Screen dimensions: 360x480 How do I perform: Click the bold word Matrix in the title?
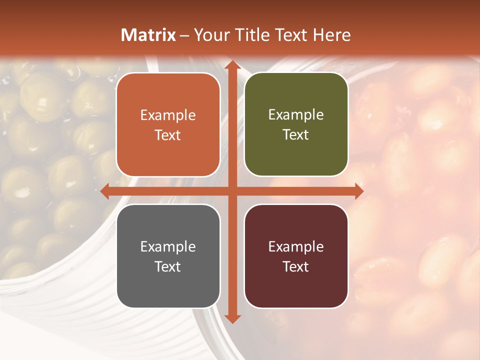[148, 35]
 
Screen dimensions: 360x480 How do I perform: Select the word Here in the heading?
[332, 35]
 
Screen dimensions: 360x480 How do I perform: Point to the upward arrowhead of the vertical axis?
[231, 65]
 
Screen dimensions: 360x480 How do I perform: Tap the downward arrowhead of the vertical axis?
[231, 318]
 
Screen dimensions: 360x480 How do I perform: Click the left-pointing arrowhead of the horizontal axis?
[105, 191]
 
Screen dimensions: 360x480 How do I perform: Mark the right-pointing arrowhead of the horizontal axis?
[358, 191]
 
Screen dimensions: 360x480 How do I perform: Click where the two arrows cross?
[231, 191]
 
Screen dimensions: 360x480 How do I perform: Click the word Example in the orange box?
[168, 115]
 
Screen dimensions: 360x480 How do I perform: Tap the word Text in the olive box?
[296, 135]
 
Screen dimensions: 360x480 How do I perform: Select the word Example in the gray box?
[168, 247]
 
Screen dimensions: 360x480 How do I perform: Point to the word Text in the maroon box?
[296, 266]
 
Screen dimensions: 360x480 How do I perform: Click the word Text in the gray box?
[168, 266]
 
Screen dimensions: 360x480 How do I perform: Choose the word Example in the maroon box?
[296, 247]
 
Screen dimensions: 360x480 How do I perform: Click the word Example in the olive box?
[296, 115]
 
